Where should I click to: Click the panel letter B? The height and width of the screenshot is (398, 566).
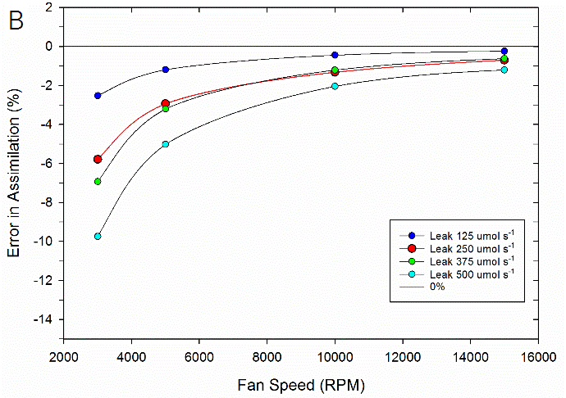point(16,22)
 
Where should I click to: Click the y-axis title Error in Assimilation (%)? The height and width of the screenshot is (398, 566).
point(14,175)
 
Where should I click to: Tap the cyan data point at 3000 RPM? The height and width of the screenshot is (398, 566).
point(98,236)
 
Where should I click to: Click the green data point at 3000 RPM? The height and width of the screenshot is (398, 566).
point(98,182)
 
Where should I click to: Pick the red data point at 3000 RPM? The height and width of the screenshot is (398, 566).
point(98,159)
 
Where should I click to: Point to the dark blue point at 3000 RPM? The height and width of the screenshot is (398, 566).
point(98,96)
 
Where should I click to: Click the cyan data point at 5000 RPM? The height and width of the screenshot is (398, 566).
point(166,144)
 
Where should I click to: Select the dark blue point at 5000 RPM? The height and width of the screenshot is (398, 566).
point(166,70)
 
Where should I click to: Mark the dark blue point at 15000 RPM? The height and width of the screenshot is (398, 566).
point(504,51)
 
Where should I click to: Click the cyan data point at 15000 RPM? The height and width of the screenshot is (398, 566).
point(504,70)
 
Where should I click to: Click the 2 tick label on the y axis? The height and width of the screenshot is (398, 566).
point(50,7)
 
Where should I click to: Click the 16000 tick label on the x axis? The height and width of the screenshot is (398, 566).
point(538,356)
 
